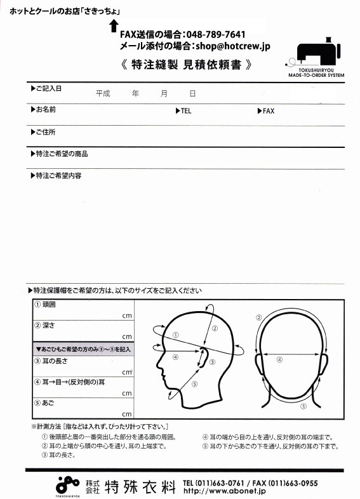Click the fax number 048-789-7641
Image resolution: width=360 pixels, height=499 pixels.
click(x=216, y=34)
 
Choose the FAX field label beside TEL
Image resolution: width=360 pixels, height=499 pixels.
click(x=265, y=110)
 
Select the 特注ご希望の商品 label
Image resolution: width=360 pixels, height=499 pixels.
click(x=58, y=154)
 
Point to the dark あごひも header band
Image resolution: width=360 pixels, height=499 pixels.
click(x=83, y=349)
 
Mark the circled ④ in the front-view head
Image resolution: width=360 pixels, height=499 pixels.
click(x=279, y=359)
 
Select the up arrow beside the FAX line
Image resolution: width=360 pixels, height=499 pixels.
click(x=114, y=26)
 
